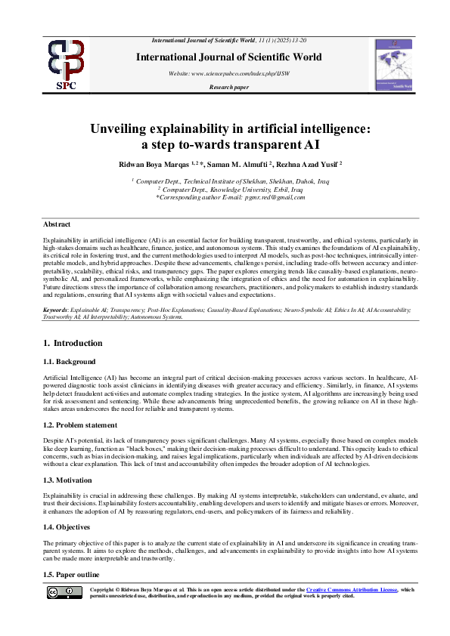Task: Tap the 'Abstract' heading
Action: pos(57,224)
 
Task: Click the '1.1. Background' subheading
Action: pos(70,362)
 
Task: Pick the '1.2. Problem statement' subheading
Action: pos(82,425)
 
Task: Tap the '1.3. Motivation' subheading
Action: pos(70,480)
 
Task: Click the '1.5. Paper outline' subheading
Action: pos(74,575)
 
